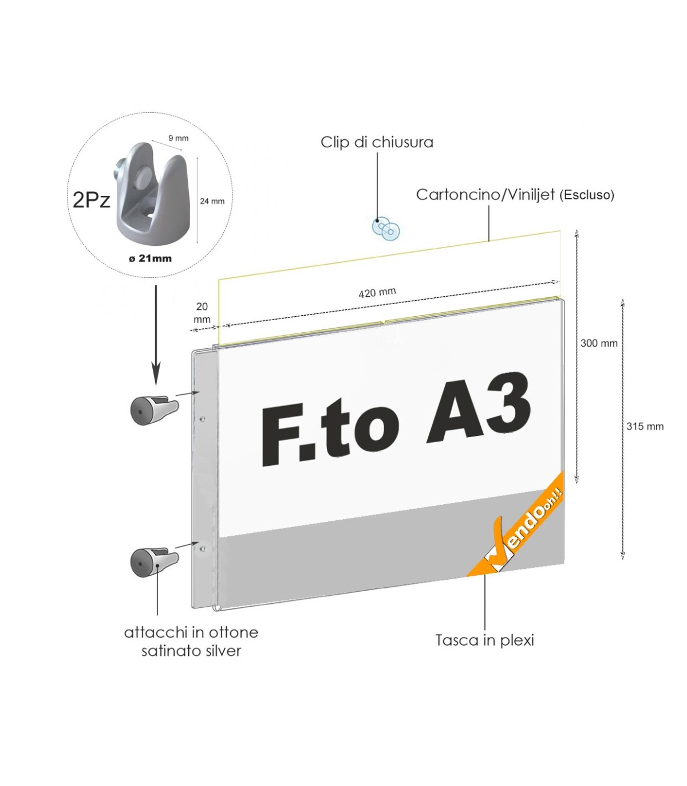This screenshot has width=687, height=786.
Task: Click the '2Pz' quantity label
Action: (x=91, y=200)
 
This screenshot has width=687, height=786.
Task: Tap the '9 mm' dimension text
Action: (x=178, y=138)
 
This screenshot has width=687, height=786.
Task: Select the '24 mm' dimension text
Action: (x=212, y=201)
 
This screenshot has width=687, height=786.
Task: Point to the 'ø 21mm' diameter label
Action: (x=150, y=258)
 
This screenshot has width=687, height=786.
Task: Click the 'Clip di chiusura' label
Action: (x=377, y=142)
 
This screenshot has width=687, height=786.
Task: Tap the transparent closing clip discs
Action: (x=386, y=228)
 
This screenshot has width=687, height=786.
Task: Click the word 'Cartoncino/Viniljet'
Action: (x=485, y=195)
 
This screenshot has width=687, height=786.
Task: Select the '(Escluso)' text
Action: (x=587, y=195)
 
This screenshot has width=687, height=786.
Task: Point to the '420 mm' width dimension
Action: (x=377, y=293)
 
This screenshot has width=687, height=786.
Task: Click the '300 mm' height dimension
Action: (x=599, y=343)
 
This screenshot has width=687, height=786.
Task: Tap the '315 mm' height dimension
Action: (x=645, y=426)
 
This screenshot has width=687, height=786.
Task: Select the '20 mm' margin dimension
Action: (x=202, y=313)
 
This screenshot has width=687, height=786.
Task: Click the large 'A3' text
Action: (x=479, y=408)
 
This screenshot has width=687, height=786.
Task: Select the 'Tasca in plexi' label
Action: (x=484, y=640)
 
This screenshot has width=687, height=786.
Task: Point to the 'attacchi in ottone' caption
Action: (x=191, y=632)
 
